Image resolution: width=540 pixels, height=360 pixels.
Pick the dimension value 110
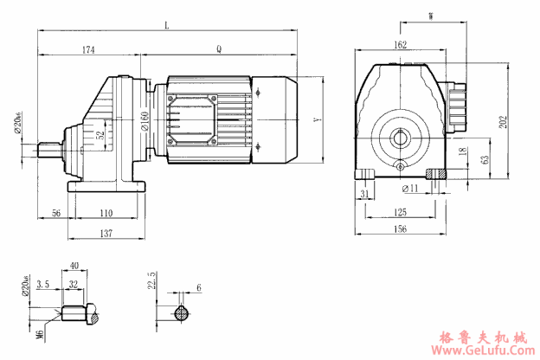coord(106,213)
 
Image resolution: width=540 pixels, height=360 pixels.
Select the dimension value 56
coord(55,213)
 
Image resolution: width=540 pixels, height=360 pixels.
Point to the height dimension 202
coord(505,121)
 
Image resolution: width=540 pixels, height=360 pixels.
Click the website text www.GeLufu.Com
coord(487,351)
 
